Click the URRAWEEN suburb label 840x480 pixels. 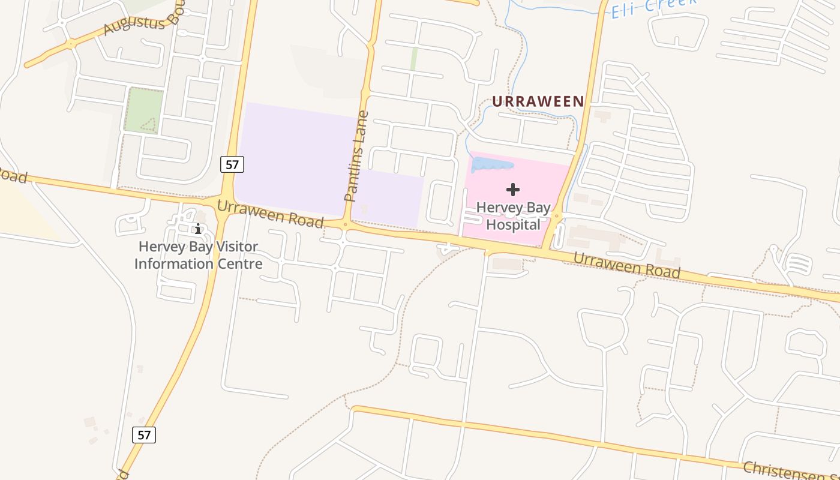[538, 101]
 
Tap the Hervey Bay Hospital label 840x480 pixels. [513, 216]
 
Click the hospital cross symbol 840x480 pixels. [513, 190]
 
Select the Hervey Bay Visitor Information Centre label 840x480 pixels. [198, 255]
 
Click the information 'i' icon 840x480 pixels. [198, 229]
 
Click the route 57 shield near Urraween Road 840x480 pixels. [232, 164]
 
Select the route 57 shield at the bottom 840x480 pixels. [144, 434]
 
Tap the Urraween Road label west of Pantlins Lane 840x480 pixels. [270, 214]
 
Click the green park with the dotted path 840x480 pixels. [143, 110]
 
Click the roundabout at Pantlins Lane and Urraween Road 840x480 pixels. [345, 225]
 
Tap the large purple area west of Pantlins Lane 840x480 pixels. [294, 159]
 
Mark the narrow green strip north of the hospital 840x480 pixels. [413, 59]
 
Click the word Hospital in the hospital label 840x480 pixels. [513, 224]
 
